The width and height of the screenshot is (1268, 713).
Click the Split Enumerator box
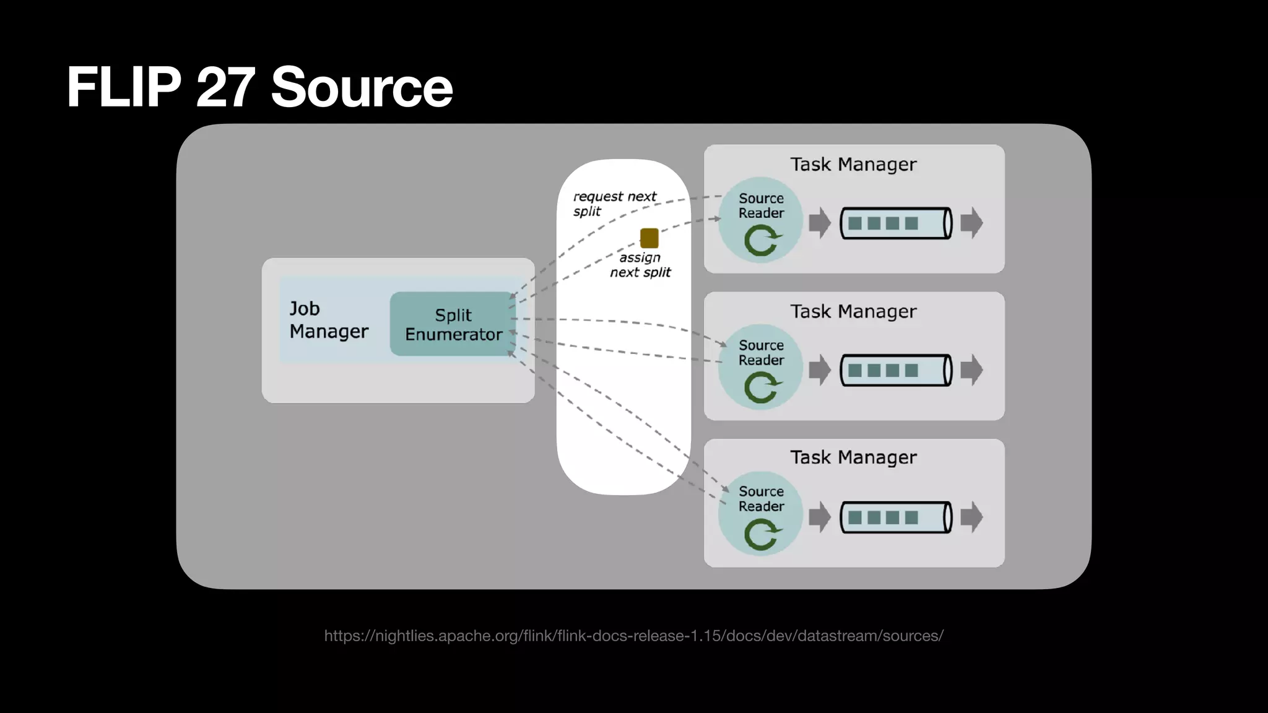tap(453, 324)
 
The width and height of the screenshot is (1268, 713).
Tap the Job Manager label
tap(328, 320)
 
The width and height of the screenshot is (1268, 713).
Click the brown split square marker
tap(649, 238)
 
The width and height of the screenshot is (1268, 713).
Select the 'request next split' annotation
tap(614, 204)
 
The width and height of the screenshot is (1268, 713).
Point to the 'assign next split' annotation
tap(640, 265)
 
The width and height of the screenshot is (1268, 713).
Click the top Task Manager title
tap(853, 165)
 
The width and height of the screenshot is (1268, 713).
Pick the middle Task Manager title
tap(853, 311)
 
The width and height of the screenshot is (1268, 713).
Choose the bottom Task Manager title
tap(853, 457)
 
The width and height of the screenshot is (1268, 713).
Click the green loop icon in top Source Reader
tap(762, 240)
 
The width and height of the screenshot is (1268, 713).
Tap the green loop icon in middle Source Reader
tap(762, 387)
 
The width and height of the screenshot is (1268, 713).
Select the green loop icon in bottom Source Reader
tap(762, 534)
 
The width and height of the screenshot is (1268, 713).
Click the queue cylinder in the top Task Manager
tap(895, 223)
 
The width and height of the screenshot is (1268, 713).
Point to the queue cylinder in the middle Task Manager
tap(895, 370)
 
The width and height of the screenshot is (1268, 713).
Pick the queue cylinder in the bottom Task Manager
tap(895, 517)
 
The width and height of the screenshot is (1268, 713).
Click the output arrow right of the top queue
tap(971, 223)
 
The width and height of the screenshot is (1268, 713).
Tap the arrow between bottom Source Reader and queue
tap(819, 517)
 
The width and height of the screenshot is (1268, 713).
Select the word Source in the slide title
tap(362, 87)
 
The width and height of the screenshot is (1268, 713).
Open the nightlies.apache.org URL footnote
tap(633, 636)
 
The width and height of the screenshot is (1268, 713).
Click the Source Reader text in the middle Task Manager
tap(761, 353)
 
